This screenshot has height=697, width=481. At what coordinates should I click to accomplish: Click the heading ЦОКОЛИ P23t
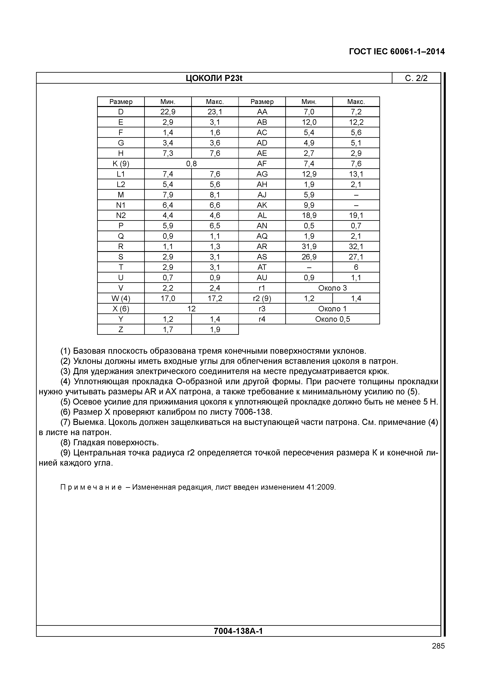[214, 78]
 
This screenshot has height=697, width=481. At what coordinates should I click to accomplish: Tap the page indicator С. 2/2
[416, 78]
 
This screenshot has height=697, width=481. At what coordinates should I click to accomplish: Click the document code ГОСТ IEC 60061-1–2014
[397, 52]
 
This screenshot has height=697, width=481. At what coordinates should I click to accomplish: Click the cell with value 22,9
[168, 112]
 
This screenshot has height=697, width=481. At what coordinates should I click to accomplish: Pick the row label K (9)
[121, 164]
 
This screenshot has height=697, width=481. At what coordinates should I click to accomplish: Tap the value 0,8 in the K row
[191, 164]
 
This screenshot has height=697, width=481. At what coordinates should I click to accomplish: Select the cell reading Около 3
[332, 288]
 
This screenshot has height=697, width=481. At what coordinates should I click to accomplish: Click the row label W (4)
[121, 299]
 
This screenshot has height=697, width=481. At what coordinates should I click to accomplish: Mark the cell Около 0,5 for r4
[332, 319]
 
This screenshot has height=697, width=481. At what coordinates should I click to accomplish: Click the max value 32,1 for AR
[356, 247]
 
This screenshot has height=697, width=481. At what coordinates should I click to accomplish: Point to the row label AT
[262, 267]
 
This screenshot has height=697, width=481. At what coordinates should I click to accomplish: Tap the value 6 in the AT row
[356, 267]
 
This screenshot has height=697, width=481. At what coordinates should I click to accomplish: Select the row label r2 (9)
[262, 299]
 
